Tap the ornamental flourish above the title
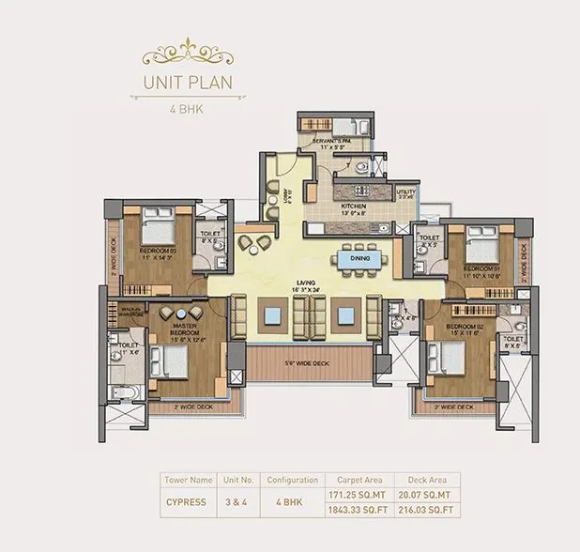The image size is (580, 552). [x=187, y=48]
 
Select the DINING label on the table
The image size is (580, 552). [x=359, y=258]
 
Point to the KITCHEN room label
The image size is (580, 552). [x=353, y=208]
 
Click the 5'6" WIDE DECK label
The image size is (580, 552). [x=306, y=362]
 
